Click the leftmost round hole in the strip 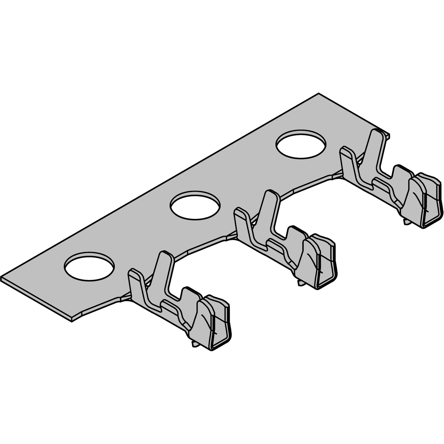[x=89, y=266]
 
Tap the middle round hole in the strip [x=195, y=205]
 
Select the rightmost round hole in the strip [x=301, y=144]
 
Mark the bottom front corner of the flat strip [x=72, y=321]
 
